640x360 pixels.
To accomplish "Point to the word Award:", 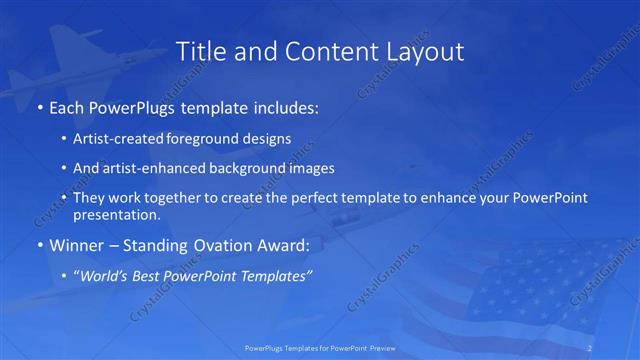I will coord(286,244).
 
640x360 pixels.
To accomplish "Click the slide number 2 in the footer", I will coord(590,348).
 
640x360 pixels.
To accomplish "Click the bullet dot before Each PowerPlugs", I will coord(39,105).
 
